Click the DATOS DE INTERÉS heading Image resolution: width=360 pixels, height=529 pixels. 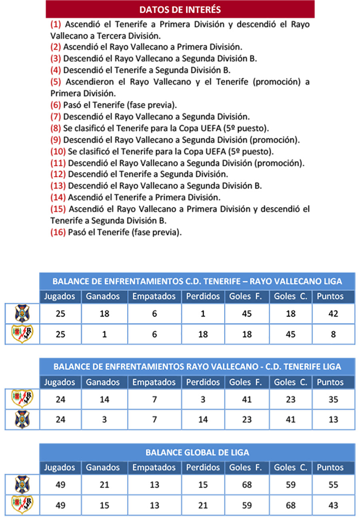[x=180, y=9]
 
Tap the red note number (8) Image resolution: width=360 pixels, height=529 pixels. [x=56, y=128]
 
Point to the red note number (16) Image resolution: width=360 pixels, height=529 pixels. [x=58, y=232]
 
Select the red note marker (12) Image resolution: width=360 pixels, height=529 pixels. [x=58, y=174]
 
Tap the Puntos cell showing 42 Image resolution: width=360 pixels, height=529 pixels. [x=333, y=314]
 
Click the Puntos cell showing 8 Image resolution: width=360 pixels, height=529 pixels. [x=333, y=334]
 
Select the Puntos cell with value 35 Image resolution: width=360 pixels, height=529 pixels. [x=333, y=399]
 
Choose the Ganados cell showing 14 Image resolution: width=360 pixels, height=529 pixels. [x=104, y=399]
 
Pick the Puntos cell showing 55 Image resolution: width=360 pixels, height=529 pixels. [x=333, y=485]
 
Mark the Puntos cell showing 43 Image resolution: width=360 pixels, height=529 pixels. [x=333, y=505]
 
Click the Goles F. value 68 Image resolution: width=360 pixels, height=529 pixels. [x=247, y=485]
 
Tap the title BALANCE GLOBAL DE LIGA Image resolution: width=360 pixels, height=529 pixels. [x=197, y=453]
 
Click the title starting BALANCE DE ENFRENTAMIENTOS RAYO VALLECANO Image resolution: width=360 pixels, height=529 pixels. [x=197, y=367]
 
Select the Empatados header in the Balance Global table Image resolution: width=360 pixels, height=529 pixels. [x=154, y=467]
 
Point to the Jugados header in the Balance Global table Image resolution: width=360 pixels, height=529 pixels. [x=60, y=467]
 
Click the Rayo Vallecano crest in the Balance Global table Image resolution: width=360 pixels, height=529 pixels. [x=22, y=505]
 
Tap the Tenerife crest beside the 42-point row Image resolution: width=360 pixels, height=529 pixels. [x=22, y=313]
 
